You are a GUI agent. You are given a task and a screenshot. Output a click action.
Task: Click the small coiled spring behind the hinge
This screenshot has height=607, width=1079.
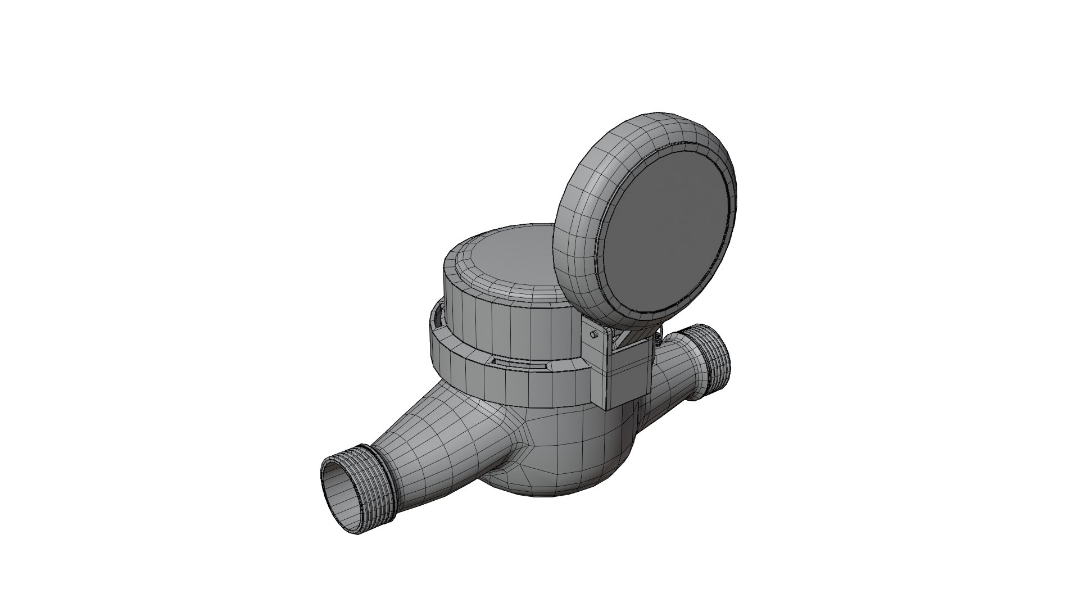tap(658, 339)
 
